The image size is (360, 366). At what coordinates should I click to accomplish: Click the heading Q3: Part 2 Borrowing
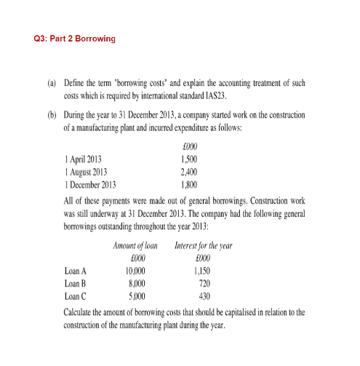pyautogui.click(x=75, y=38)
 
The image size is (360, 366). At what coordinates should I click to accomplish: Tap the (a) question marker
pyautogui.click(x=52, y=84)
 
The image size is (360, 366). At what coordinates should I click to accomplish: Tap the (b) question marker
pyautogui.click(x=52, y=116)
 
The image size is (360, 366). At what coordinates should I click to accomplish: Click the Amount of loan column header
pyautogui.click(x=136, y=247)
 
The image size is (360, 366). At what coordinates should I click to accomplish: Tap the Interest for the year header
pyautogui.click(x=204, y=247)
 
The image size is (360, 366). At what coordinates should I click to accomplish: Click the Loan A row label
pyautogui.click(x=76, y=271)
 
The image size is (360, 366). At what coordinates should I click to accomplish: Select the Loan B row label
pyautogui.click(x=76, y=284)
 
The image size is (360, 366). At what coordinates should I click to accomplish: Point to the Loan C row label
pyautogui.click(x=76, y=296)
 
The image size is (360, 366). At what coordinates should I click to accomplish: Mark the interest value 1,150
pyautogui.click(x=203, y=271)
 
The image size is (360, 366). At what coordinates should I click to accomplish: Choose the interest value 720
pyautogui.click(x=204, y=284)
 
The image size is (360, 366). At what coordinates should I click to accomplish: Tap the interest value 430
pyautogui.click(x=204, y=296)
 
